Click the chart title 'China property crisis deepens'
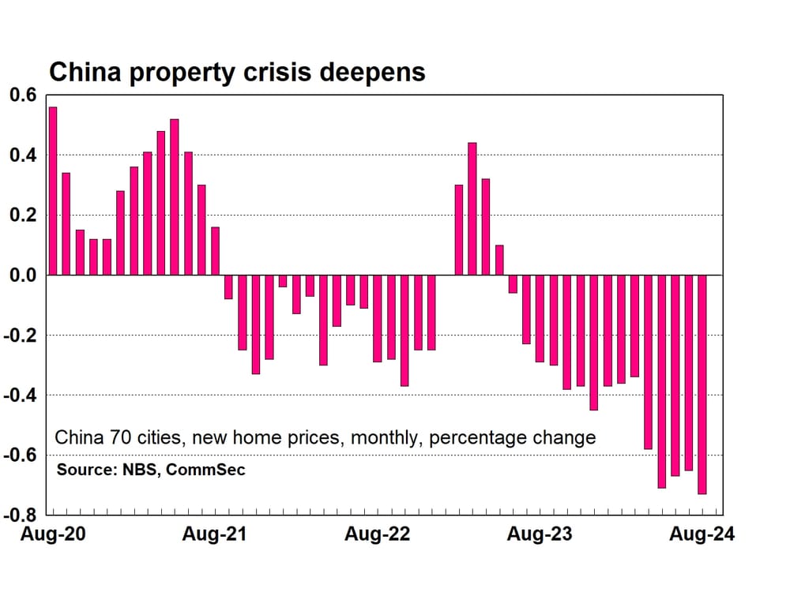(237, 72)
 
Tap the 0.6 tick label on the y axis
(23, 96)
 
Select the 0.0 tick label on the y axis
(23, 275)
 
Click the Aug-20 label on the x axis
(54, 534)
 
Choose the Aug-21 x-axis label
(214, 534)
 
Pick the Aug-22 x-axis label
(377, 534)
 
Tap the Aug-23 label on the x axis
(539, 534)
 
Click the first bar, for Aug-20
(53, 191)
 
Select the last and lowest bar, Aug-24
(702, 384)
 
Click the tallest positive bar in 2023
(472, 209)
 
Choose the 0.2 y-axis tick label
(23, 215)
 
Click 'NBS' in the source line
(141, 470)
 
